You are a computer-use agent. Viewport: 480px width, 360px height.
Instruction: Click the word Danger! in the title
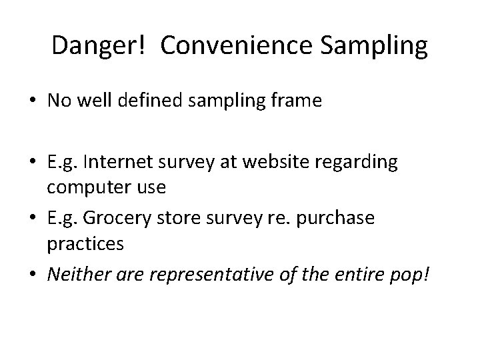pyautogui.click(x=101, y=46)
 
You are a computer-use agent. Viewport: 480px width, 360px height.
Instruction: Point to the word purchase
pyautogui.click(x=339, y=219)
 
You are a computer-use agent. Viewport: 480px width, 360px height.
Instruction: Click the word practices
pyautogui.click(x=85, y=243)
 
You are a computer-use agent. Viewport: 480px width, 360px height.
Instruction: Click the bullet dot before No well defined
pyautogui.click(x=32, y=102)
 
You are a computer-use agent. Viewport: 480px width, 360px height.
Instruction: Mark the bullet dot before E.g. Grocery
pyautogui.click(x=32, y=219)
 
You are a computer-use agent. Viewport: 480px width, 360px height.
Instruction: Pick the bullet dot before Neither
pyautogui.click(x=32, y=274)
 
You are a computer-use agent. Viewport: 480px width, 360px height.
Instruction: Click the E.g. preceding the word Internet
pyautogui.click(x=61, y=164)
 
